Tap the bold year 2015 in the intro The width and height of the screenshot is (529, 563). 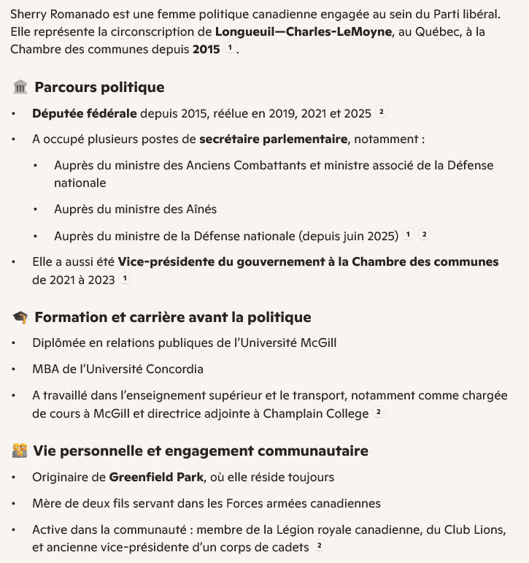[206, 50]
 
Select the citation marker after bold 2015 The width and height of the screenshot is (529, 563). [230, 49]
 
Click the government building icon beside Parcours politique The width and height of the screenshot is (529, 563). [20, 88]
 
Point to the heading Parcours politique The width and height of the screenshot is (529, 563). [99, 88]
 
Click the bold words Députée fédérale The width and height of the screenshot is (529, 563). [84, 113]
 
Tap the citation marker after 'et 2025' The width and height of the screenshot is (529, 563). [380, 112]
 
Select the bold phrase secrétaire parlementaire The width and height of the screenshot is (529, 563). [273, 139]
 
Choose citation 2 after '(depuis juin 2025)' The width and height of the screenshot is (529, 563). [424, 235]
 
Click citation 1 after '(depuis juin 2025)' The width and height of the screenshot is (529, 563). [408, 235]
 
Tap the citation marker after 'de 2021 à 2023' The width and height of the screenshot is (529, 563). [125, 278]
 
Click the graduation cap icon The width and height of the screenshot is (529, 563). [20, 318]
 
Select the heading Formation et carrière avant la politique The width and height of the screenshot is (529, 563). [172, 318]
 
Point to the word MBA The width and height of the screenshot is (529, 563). [45, 369]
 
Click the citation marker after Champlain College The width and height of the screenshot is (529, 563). [378, 413]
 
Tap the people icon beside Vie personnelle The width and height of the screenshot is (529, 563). [20, 451]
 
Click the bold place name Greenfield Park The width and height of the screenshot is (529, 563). [156, 478]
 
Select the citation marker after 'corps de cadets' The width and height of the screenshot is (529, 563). [319, 546]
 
